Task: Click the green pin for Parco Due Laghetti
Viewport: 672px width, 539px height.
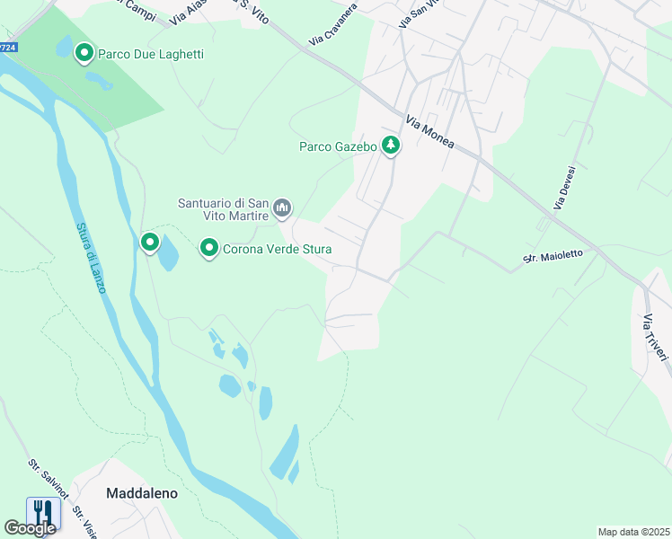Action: (84, 54)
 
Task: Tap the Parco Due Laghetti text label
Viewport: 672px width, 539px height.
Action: (151, 55)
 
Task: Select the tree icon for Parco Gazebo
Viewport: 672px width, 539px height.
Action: (390, 145)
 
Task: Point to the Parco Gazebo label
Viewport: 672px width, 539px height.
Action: (337, 146)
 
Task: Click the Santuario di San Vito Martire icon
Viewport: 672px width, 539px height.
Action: (282, 209)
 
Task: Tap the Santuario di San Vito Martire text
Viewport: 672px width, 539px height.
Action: (224, 209)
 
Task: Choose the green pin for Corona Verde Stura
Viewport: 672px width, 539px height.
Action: (208, 247)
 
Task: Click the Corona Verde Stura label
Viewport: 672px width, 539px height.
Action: (278, 249)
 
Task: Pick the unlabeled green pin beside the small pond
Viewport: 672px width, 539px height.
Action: (149, 242)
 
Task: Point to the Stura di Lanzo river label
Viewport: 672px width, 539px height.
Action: (91, 257)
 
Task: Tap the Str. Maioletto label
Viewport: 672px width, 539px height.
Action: (553, 256)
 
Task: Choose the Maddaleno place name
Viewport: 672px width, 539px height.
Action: (141, 493)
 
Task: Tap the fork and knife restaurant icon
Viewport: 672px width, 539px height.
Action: (43, 513)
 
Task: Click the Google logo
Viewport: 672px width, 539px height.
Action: (30, 528)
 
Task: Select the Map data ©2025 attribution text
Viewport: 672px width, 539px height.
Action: (632, 532)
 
